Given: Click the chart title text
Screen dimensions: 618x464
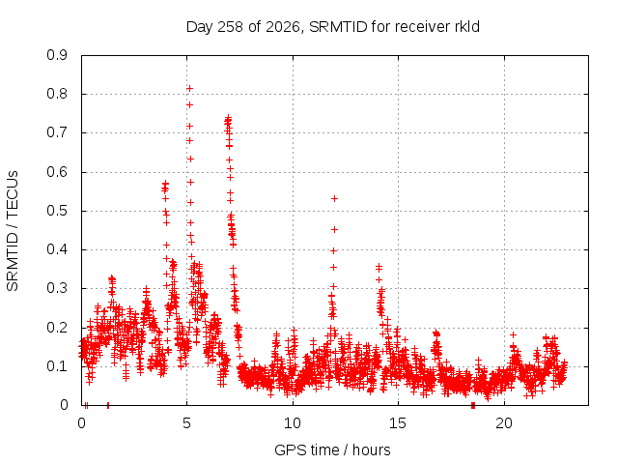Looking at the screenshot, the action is [x=332, y=27].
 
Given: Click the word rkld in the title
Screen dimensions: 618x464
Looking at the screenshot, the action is [x=465, y=27].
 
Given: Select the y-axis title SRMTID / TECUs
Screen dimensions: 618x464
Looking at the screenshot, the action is [x=13, y=231].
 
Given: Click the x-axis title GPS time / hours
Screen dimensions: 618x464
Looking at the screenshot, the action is [x=332, y=449].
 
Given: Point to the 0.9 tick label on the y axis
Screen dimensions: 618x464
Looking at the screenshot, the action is [x=57, y=55].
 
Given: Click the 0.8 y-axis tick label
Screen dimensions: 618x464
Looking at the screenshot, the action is [x=57, y=94].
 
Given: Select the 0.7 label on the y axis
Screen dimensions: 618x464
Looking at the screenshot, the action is [x=57, y=133].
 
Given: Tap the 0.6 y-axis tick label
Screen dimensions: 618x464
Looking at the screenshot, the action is [x=57, y=172].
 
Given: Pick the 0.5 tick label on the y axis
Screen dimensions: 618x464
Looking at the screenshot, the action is [x=57, y=211].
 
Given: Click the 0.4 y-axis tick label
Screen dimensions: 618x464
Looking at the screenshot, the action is [x=57, y=249].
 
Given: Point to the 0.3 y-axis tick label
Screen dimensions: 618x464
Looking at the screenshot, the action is [x=57, y=288].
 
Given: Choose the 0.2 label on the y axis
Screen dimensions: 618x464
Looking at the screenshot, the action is [x=57, y=328].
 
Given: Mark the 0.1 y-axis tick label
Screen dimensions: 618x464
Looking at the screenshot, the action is [x=57, y=366].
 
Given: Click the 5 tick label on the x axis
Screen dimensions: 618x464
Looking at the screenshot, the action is [x=186, y=423].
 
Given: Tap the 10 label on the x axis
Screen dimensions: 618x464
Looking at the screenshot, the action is [x=293, y=423].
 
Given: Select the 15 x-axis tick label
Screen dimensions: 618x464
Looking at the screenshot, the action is [x=398, y=423].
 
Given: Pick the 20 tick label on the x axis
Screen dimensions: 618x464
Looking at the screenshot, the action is [x=504, y=423].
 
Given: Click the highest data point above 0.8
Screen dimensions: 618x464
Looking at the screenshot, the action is [x=189, y=88].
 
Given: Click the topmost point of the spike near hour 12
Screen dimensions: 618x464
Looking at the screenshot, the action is [x=335, y=198].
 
